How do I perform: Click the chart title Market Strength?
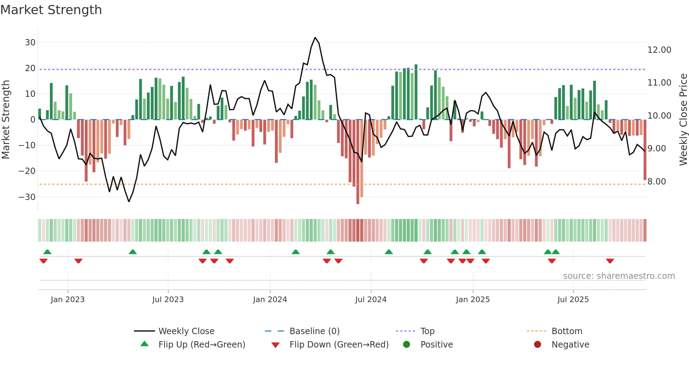click(51, 10)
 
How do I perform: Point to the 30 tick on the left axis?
click(30, 43)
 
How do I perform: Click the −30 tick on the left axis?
click(27, 197)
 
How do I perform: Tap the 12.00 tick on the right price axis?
click(659, 50)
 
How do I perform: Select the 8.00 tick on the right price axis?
click(656, 182)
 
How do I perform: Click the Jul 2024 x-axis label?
click(371, 300)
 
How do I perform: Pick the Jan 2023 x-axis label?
click(67, 300)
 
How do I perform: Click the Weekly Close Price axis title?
click(683, 119)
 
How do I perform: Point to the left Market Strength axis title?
click(6, 119)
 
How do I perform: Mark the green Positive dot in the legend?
click(407, 345)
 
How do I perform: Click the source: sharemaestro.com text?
click(619, 276)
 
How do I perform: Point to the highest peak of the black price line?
click(315, 38)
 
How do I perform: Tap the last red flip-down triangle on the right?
click(610, 261)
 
